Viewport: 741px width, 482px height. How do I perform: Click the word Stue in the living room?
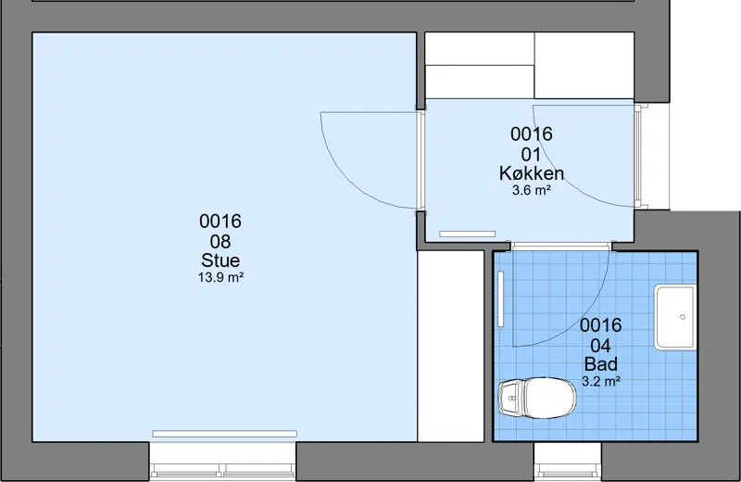[x=220, y=260]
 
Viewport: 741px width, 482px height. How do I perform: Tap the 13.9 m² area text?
[x=220, y=277]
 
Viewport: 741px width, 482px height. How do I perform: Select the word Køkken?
[x=532, y=173]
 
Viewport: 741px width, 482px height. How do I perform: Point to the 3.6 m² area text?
[x=532, y=190]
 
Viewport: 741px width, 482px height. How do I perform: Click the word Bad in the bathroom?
[x=600, y=364]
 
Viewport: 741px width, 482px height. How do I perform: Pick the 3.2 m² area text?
[x=600, y=381]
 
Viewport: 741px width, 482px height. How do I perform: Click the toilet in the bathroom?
[x=537, y=398]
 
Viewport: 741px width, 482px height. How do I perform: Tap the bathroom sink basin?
[x=675, y=317]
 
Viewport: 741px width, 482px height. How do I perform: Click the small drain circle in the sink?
[x=683, y=317]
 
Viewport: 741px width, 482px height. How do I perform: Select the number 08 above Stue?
[x=220, y=241]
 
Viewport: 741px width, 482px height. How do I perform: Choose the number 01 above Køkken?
[x=531, y=154]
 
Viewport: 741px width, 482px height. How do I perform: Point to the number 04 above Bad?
[x=600, y=346]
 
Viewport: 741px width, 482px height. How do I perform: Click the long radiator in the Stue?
[x=224, y=434]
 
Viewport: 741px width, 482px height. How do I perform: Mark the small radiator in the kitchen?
[x=468, y=235]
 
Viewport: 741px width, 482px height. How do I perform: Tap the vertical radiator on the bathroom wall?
[x=501, y=299]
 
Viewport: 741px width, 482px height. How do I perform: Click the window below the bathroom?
[x=568, y=463]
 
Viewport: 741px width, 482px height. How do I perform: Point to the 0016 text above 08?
[x=220, y=222]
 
